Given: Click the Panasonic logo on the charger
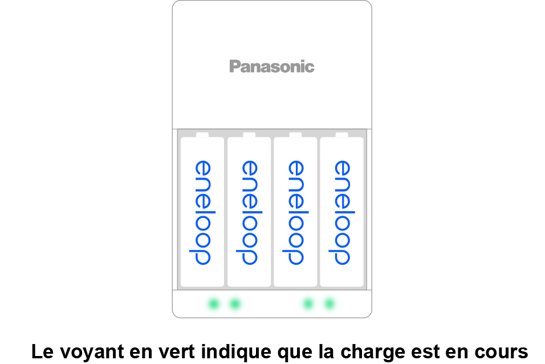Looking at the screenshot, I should [271, 67].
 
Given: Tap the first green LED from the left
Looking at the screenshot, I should [214, 304].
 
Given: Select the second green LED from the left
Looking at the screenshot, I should [234, 304].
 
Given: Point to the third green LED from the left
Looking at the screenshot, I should [308, 304].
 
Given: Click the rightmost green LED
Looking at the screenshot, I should [329, 304].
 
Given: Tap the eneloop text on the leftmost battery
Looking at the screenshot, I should [202, 213].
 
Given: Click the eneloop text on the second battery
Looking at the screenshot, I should [249, 213].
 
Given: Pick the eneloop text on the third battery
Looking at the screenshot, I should [295, 213].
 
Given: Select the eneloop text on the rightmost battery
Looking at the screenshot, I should [341, 213].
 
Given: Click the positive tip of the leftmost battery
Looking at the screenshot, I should [202, 135].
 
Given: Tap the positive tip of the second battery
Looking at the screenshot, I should [249, 135].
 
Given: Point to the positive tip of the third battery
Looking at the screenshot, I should [295, 135].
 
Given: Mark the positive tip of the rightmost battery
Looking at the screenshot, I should [341, 135].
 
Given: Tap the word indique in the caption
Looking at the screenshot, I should [230, 350].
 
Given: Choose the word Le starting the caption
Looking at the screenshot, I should [40, 350].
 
